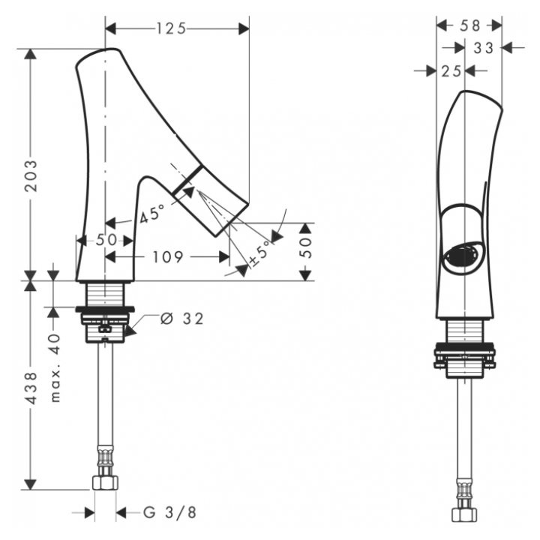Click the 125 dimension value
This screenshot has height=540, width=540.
tap(170, 28)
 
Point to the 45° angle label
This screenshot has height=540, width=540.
tap(151, 215)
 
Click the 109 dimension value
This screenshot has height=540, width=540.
tap(167, 257)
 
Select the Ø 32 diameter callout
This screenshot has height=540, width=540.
tap(181, 318)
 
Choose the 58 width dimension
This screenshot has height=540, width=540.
tap(469, 25)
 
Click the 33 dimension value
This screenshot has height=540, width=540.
tap(484, 48)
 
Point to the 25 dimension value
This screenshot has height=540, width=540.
tap(450, 70)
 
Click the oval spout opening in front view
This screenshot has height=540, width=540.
tap(462, 256)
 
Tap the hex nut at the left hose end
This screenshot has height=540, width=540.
tap(104, 481)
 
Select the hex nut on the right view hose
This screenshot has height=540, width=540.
tap(464, 514)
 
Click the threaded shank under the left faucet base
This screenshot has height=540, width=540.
tap(105, 294)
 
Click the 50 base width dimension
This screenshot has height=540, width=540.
tap(106, 240)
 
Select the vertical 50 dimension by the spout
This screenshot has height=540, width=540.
tap(304, 249)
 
